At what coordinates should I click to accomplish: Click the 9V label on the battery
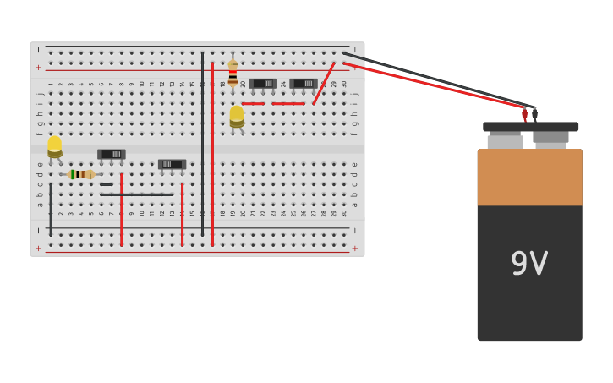(x=529, y=264)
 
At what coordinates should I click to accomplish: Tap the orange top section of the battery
(x=529, y=178)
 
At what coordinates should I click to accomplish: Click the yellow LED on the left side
(x=55, y=146)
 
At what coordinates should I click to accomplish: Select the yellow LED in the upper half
(x=237, y=116)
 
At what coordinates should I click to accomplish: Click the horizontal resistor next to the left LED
(x=81, y=174)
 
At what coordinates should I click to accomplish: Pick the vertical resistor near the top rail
(x=233, y=73)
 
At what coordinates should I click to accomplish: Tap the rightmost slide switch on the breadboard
(x=304, y=84)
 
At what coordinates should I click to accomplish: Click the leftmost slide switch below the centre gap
(x=112, y=154)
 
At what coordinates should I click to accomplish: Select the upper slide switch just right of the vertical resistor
(x=263, y=84)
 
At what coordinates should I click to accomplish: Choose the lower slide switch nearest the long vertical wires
(x=172, y=164)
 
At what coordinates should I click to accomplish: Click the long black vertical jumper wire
(x=202, y=144)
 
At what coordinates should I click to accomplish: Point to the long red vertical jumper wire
(x=212, y=152)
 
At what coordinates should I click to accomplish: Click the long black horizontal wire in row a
(x=136, y=194)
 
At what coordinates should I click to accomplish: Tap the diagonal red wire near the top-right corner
(x=324, y=83)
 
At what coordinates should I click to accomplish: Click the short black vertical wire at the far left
(x=51, y=209)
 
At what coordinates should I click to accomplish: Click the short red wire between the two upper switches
(x=288, y=104)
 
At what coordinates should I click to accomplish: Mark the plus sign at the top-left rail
(x=38, y=67)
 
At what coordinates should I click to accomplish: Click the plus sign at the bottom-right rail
(x=354, y=249)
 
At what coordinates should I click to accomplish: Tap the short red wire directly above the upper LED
(x=253, y=104)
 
